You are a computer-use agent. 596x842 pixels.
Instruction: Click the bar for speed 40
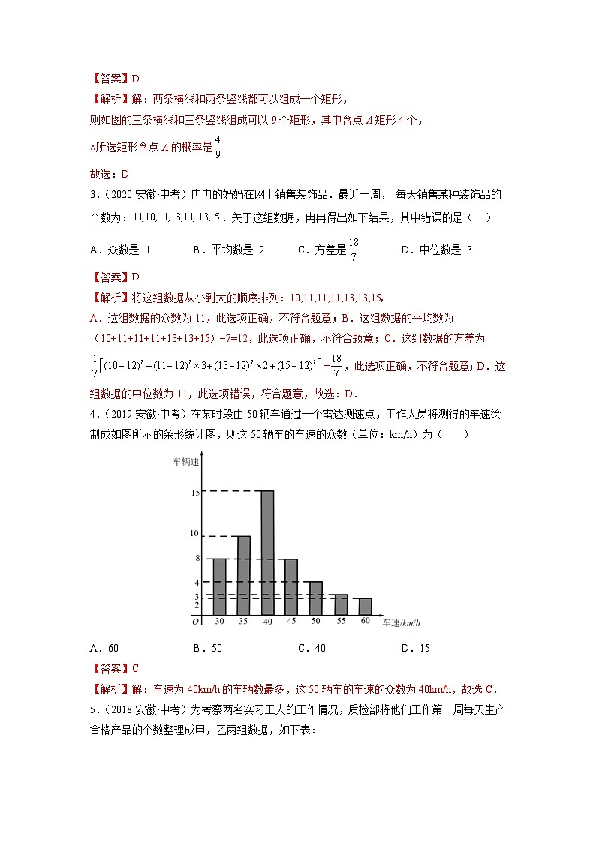pyautogui.click(x=266, y=553)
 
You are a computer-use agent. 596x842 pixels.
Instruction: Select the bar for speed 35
pyautogui.click(x=243, y=576)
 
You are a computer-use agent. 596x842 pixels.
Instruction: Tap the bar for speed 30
pyautogui.click(x=220, y=587)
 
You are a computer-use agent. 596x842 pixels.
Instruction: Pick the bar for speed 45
pyautogui.click(x=290, y=587)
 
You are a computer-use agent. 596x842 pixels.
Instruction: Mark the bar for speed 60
pyautogui.click(x=365, y=607)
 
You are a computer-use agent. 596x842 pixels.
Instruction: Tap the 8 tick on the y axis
pyautogui.click(x=196, y=559)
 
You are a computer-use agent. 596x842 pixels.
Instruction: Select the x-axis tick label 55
pyautogui.click(x=341, y=622)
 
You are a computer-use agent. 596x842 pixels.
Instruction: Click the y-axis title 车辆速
pyautogui.click(x=185, y=462)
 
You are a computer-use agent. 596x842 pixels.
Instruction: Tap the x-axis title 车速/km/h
pyautogui.click(x=399, y=623)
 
